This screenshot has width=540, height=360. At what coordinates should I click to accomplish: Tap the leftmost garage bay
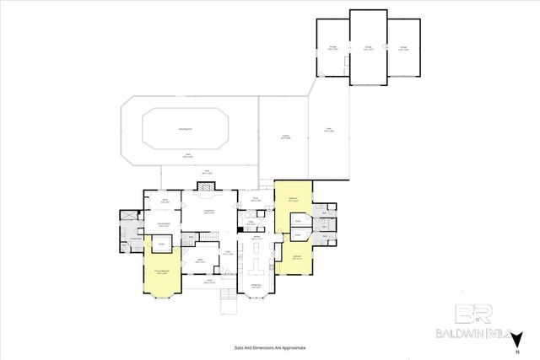[x=332, y=49]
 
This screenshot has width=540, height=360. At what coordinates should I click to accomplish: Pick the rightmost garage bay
[x=404, y=49]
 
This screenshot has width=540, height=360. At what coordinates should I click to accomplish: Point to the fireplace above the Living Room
[x=208, y=193]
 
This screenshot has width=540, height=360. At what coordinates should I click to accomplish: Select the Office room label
[x=200, y=261]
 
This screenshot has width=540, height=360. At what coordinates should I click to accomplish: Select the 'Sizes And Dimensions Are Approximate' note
[x=269, y=347]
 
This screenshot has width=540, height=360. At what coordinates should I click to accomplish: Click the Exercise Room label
[x=165, y=223]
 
